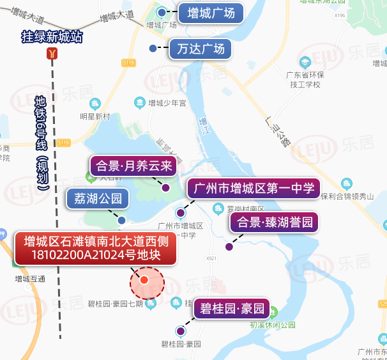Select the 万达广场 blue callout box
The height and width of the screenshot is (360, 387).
click(x=200, y=49)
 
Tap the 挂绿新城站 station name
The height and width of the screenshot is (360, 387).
click(x=52, y=37)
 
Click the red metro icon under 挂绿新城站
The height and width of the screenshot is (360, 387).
click(x=52, y=54)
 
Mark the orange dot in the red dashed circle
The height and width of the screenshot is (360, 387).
click(x=144, y=280)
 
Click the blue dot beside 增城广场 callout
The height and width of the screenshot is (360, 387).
click(x=162, y=12)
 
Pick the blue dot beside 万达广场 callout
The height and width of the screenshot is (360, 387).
click(x=153, y=49)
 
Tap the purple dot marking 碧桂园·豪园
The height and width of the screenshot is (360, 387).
click(x=181, y=331)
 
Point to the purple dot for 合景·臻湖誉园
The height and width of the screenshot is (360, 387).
click(x=229, y=247)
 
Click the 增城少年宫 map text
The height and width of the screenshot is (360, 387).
click(x=167, y=102)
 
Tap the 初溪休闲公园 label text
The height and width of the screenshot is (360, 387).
click(x=273, y=325)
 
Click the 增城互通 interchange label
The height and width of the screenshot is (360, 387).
click(x=30, y=279)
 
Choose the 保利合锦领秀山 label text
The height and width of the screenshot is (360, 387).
click(x=347, y=196)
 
